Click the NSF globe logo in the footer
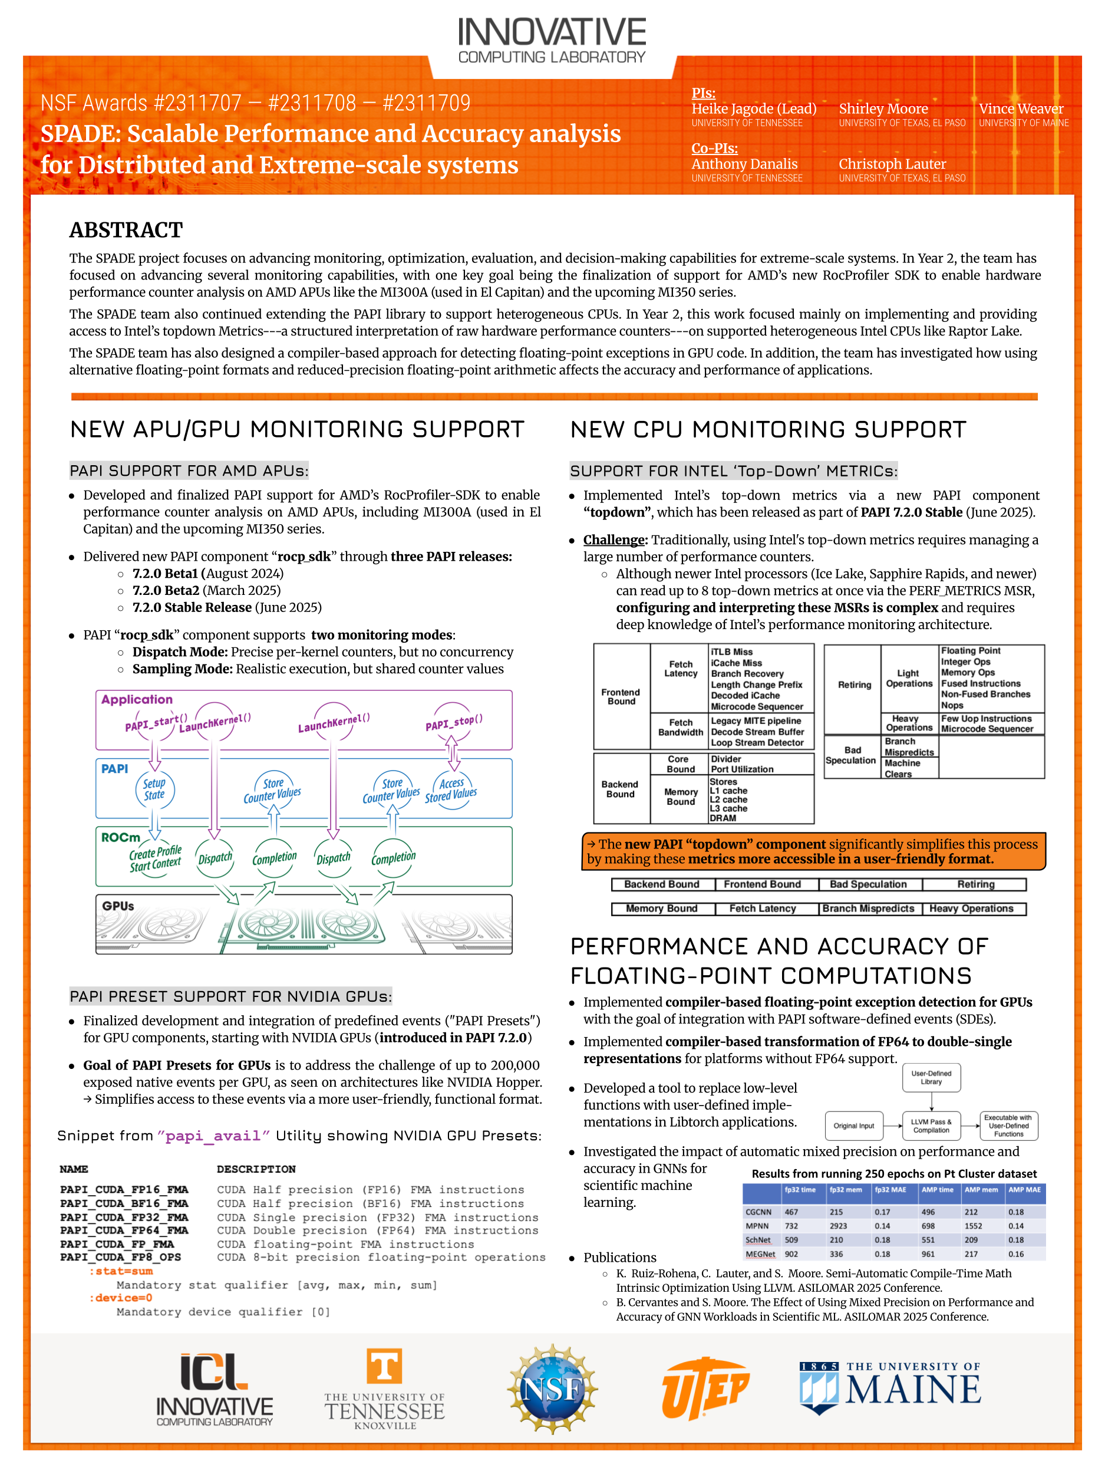coord(552,1389)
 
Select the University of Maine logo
coord(890,1387)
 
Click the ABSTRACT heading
coord(126,230)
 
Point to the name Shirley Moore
coord(883,108)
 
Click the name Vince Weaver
coord(1020,108)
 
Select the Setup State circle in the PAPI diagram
coord(154,789)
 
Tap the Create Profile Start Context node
coord(155,858)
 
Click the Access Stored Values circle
coord(451,789)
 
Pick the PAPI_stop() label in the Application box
coord(454,722)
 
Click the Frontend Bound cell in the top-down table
coord(621,697)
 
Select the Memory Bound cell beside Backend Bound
coord(680,797)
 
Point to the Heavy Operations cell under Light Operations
coord(909,723)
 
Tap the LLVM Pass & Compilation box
coord(931,1126)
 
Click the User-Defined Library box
coord(931,1078)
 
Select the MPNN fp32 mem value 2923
coord(839,1226)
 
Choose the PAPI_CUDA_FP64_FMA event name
coord(124,1230)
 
